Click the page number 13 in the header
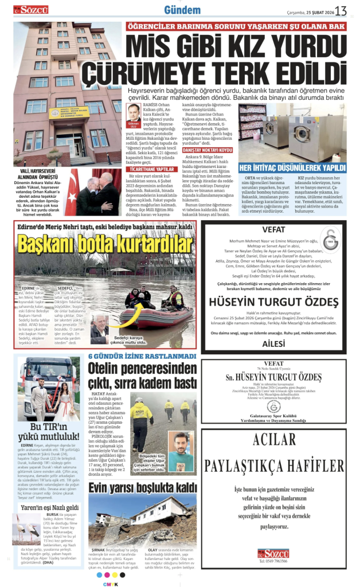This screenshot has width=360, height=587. (342, 10)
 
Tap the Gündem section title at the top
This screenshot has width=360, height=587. (182, 10)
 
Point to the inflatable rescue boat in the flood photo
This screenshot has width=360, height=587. (150, 316)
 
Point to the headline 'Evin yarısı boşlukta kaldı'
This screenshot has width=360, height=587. (142, 488)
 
